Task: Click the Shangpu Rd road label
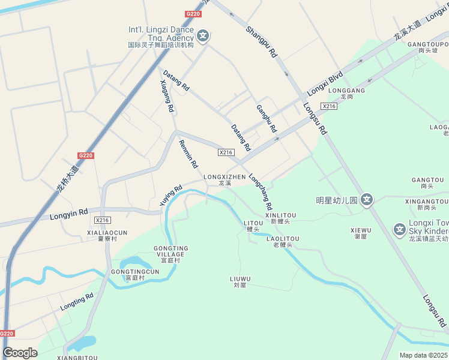click(x=261, y=41)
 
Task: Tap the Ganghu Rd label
click(x=267, y=119)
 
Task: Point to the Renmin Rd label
click(x=188, y=154)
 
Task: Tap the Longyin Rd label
click(x=69, y=213)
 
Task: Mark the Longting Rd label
click(x=77, y=302)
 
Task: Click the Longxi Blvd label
click(x=325, y=84)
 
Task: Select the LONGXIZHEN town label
click(x=224, y=177)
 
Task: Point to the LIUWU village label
click(x=240, y=279)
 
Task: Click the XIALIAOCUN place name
click(x=107, y=232)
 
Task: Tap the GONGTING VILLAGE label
click(x=171, y=251)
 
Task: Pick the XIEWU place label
click(x=361, y=230)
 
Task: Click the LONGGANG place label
click(x=346, y=91)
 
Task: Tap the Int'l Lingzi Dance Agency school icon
click(x=203, y=36)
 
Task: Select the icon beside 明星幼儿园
click(x=367, y=200)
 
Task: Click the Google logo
click(x=20, y=353)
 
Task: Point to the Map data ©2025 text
click(x=424, y=355)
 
